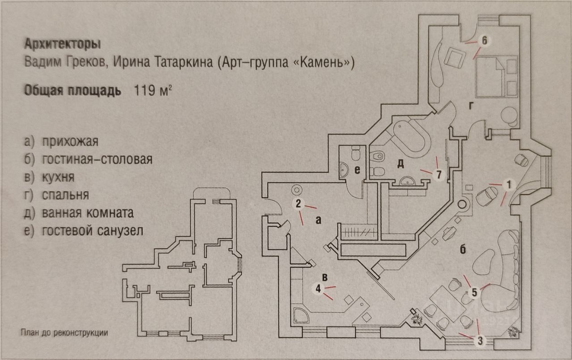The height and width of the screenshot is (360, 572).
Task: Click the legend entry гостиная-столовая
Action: (x=97, y=160)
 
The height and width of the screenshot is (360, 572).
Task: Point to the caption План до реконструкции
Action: (x=64, y=333)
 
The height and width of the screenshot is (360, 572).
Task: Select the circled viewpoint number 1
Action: (x=507, y=183)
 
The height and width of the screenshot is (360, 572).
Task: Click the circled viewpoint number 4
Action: (x=318, y=289)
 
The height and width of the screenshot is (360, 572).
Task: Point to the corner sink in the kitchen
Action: (x=300, y=314)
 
